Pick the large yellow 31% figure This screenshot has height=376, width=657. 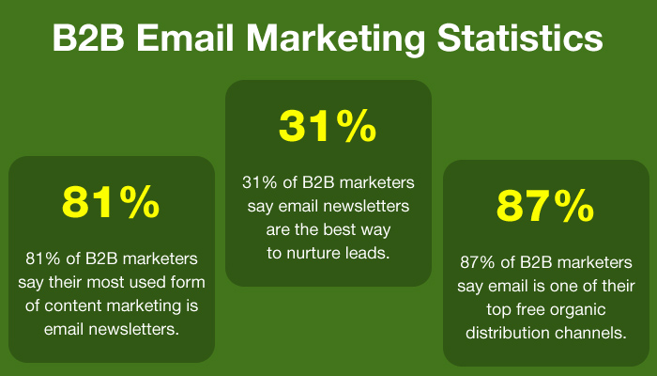(328, 128)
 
